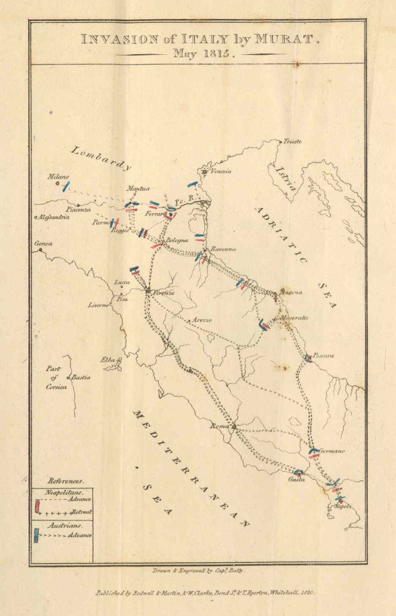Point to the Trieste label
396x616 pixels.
[292, 142]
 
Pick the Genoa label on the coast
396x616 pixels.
[44, 244]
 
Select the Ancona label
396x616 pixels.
[291, 291]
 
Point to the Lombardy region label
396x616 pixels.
[101, 158]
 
